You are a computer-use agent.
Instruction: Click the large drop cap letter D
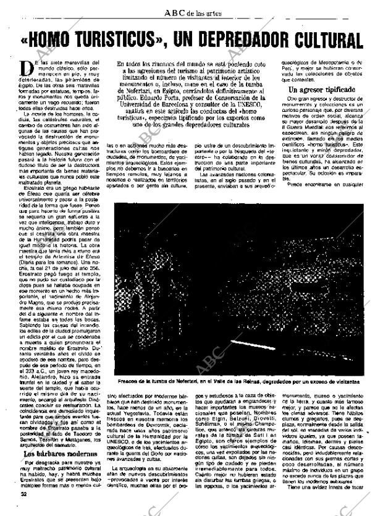pos(26,68)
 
